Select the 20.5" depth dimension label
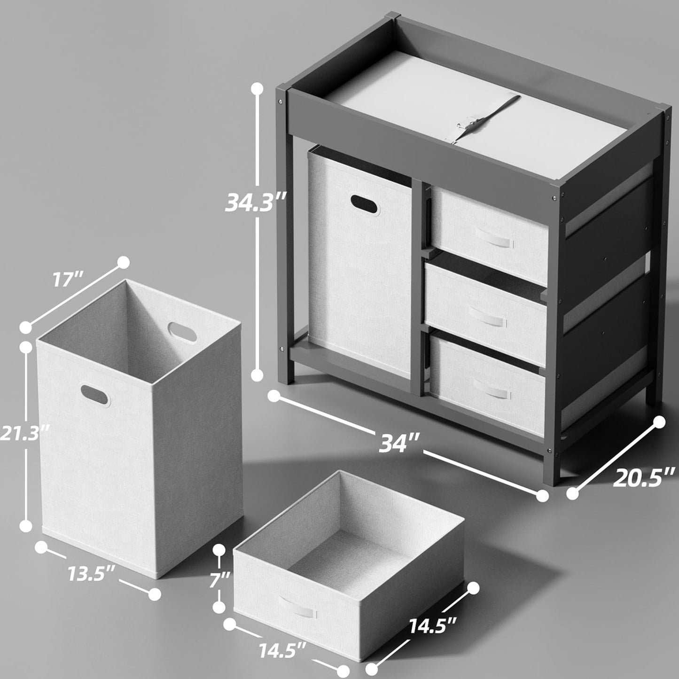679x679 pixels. pyautogui.click(x=644, y=478)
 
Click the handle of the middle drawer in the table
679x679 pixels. pyautogui.click(x=488, y=317)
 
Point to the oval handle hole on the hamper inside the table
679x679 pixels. pyautogui.click(x=365, y=205)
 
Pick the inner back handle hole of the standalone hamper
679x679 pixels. pyautogui.click(x=182, y=331)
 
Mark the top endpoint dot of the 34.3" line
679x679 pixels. pyautogui.click(x=258, y=88)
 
